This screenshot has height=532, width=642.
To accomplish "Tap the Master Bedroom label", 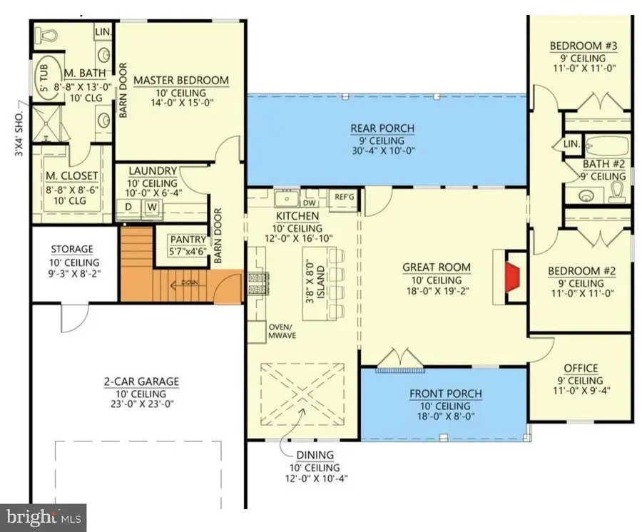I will [x=180, y=80].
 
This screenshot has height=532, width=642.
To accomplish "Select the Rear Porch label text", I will [x=382, y=128].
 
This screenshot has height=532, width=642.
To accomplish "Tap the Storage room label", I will [x=71, y=249].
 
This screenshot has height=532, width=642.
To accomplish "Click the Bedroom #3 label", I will [x=583, y=47].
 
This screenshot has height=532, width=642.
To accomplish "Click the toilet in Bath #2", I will [x=617, y=191].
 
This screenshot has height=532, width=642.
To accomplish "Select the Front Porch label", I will [x=445, y=394].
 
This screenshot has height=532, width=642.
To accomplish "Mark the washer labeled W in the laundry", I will [x=152, y=208].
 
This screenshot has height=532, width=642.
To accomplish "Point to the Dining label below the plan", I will [x=315, y=454].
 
